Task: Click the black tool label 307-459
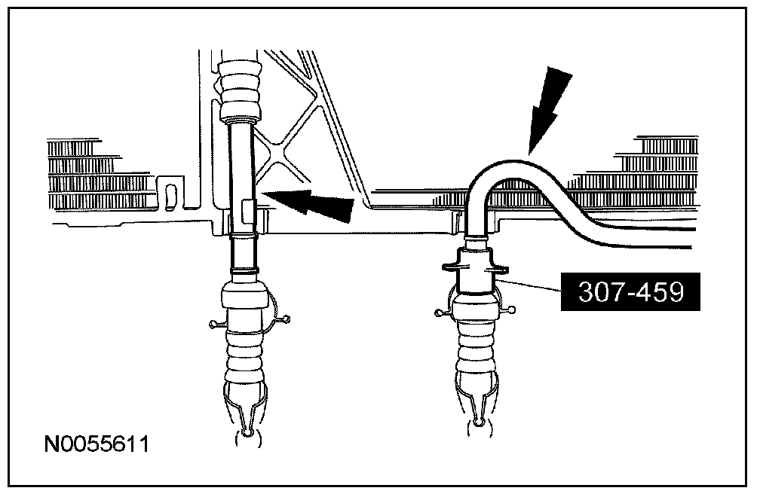point(630,292)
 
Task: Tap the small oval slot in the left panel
point(172,194)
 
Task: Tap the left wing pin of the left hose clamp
point(214,325)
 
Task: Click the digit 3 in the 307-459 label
point(587,293)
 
